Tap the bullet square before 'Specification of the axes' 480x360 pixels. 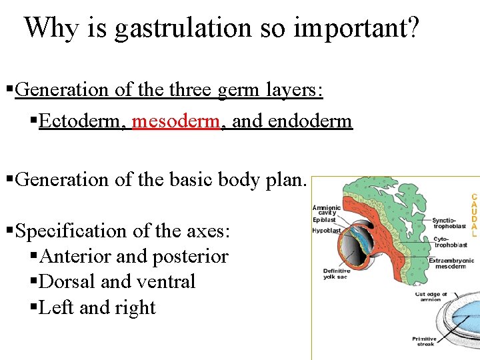(x=9, y=231)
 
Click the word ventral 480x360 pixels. (x=167, y=282)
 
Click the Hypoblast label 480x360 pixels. (x=327, y=231)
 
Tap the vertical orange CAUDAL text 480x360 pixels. (x=474, y=216)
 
